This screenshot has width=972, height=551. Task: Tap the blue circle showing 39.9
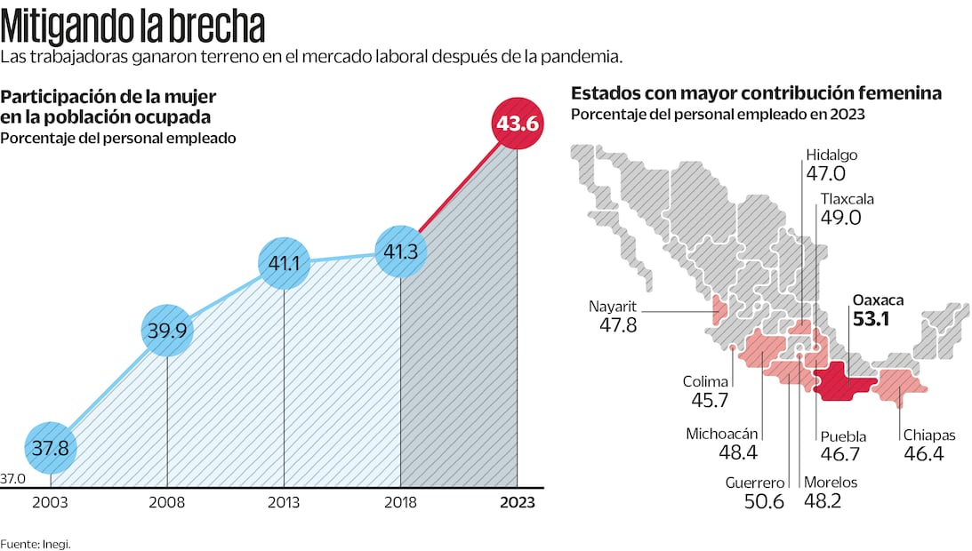coord(167,331)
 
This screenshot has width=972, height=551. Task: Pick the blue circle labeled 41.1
coord(284,263)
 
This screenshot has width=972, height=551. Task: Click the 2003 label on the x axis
coord(50,502)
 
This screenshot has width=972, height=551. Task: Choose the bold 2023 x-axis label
coord(518,502)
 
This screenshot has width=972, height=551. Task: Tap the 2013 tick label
coord(284,502)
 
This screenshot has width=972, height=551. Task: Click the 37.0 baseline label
coord(12,479)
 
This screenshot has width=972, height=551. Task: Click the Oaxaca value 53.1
coord(872,318)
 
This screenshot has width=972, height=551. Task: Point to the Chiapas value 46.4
coord(923,454)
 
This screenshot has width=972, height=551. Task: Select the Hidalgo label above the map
coord(831,155)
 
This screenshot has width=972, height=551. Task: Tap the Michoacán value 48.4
coord(736,454)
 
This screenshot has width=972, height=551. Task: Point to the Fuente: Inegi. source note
coord(35,543)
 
